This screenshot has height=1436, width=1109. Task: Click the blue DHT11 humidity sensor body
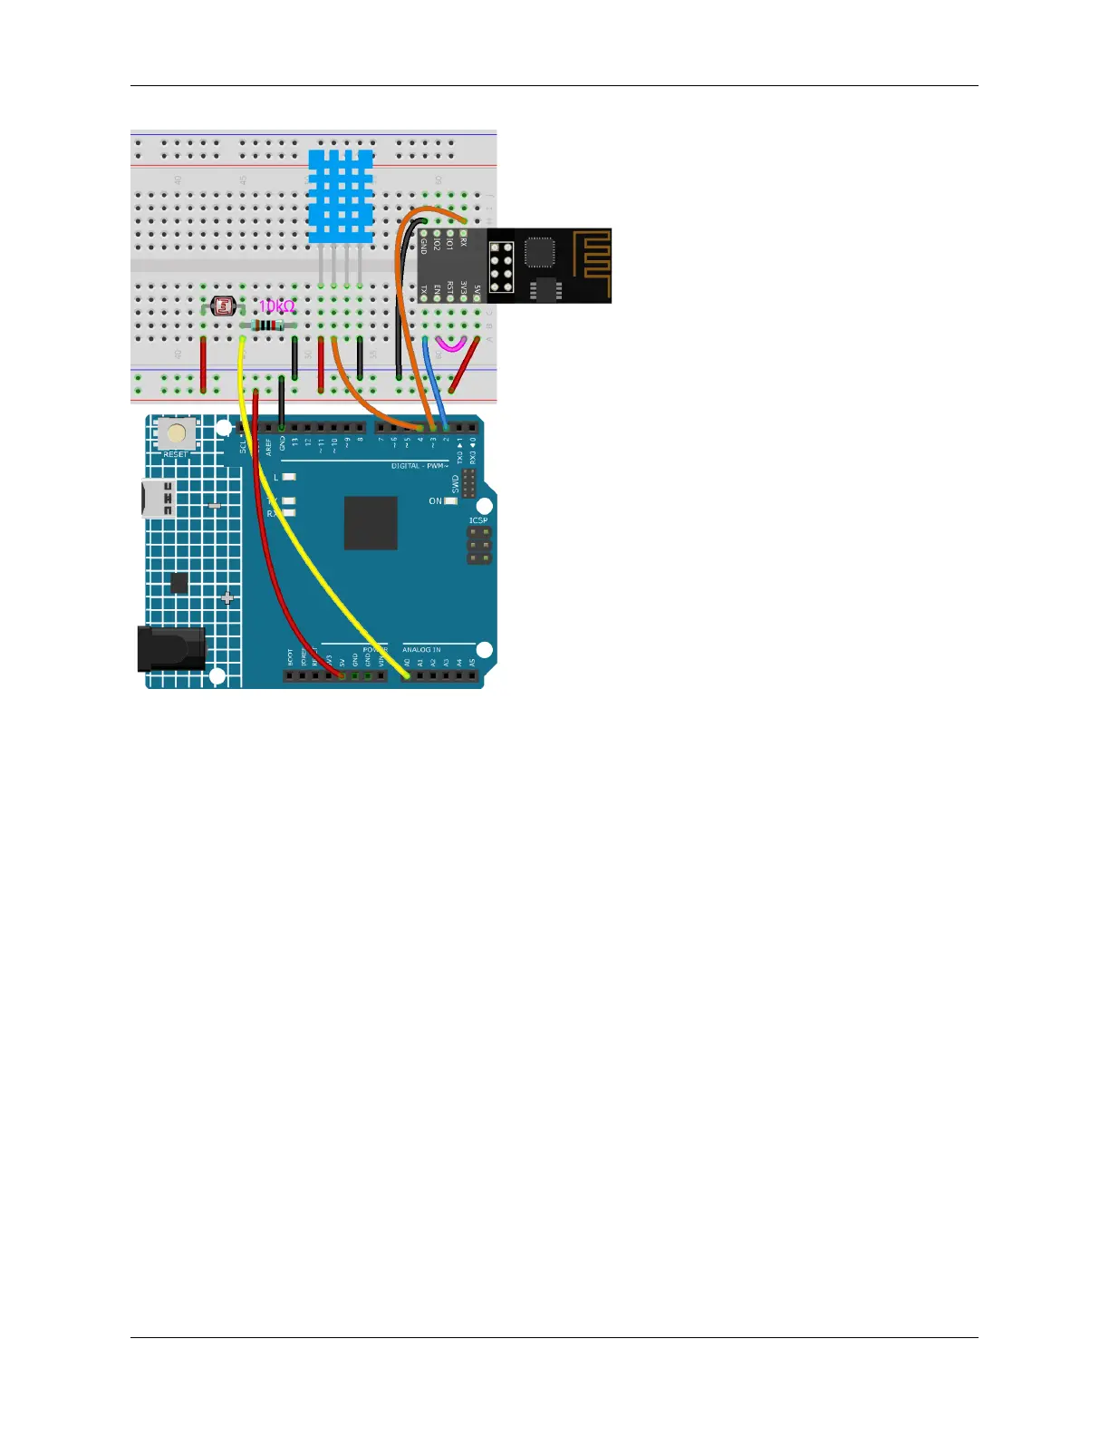[x=340, y=196]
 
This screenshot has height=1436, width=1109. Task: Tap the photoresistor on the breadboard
[x=222, y=307]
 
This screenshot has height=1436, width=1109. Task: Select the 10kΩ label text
[x=276, y=306]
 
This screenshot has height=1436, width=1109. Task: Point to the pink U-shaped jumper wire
[x=450, y=345]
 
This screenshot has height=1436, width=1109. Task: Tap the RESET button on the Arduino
[x=176, y=434]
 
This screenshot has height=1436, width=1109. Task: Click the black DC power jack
[x=170, y=648]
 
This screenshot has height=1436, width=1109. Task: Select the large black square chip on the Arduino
[x=371, y=523]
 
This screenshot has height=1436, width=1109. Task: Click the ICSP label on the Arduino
[x=478, y=520]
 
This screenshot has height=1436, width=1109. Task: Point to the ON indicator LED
[x=450, y=501]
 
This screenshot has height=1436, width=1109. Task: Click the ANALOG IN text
[x=421, y=650]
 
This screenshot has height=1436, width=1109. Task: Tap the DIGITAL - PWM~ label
[x=419, y=466]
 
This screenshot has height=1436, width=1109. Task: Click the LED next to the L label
[x=289, y=477]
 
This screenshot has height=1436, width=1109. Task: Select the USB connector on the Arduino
[x=158, y=500]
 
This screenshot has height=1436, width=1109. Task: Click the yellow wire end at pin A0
[x=407, y=675]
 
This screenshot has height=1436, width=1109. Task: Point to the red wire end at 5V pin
[x=342, y=675]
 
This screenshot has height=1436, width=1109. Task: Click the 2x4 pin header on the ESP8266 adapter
[x=501, y=266]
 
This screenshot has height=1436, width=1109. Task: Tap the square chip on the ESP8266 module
[x=539, y=252]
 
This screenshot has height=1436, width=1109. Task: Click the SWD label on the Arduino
[x=456, y=483]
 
